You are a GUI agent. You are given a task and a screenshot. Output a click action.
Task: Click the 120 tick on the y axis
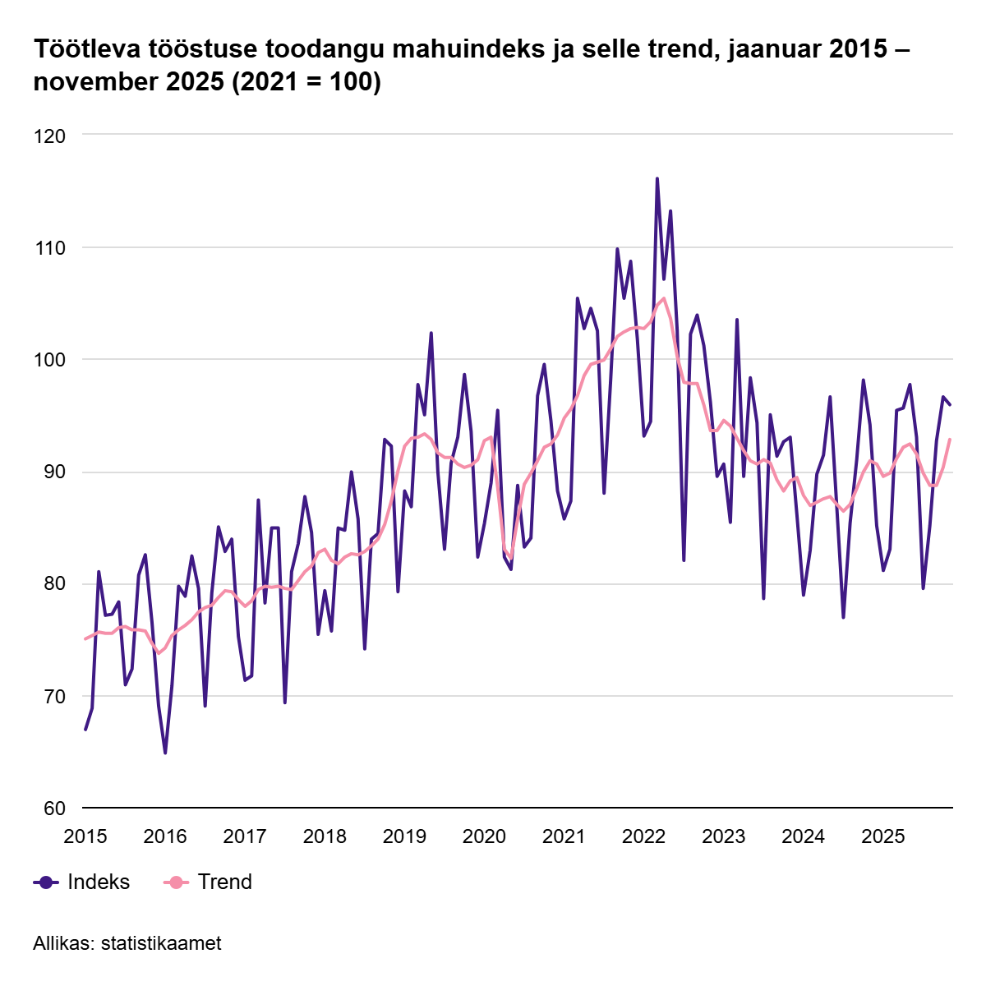(49, 135)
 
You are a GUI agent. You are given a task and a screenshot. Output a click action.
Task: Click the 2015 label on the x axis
(85, 837)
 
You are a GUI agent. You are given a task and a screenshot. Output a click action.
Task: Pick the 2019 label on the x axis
(404, 837)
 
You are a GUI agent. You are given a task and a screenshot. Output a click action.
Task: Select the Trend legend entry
(224, 882)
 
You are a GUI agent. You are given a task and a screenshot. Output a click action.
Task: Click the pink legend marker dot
(176, 882)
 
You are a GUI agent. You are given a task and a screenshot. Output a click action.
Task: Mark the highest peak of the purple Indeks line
(657, 178)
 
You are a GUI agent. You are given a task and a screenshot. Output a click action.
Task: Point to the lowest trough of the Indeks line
(165, 753)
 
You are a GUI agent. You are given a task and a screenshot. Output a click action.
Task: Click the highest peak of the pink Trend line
(664, 298)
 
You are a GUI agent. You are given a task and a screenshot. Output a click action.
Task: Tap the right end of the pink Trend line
(950, 439)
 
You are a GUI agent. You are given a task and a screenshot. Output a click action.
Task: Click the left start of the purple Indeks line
(85, 729)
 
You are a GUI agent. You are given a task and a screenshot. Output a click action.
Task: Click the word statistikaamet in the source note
(161, 943)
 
